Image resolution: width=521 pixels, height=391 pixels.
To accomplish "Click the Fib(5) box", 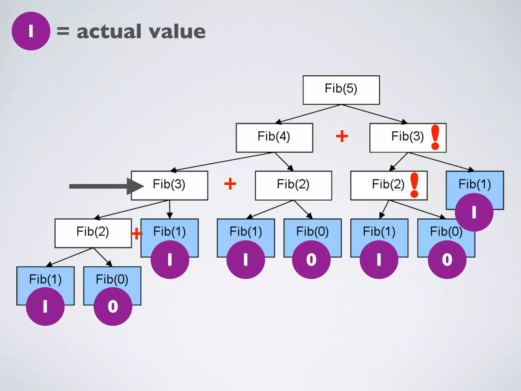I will [341, 90].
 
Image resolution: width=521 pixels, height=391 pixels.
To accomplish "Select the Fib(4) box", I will [274, 137].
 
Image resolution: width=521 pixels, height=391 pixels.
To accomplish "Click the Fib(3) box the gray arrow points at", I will [169, 185].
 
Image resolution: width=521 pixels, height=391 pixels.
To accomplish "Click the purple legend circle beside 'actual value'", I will [31, 31].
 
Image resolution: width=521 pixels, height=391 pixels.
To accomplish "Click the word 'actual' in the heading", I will [109, 32].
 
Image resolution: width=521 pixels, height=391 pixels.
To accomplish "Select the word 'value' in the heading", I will [177, 32].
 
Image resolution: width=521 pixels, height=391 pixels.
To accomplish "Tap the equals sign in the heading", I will [63, 31].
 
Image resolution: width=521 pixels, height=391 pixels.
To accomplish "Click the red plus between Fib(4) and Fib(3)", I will [342, 136].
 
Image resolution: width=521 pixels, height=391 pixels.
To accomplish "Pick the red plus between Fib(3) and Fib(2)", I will [230, 184].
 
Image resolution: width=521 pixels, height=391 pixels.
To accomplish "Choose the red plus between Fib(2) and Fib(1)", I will [137, 233].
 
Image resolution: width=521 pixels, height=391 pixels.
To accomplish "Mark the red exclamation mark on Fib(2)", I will [414, 185].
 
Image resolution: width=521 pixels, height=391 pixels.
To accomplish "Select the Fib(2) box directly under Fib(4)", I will [293, 185].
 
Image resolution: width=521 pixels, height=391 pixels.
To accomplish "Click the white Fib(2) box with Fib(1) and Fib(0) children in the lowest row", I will [93, 233].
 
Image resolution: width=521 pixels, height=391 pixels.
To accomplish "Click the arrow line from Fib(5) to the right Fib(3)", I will [374, 114].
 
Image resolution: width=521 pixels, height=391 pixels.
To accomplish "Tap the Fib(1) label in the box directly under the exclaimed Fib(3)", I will [475, 184].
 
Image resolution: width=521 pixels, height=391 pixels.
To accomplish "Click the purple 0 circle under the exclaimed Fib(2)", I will [447, 260].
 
